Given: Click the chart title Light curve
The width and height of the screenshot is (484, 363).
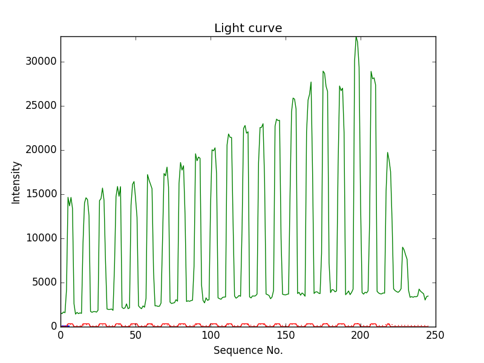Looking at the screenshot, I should tap(248, 28).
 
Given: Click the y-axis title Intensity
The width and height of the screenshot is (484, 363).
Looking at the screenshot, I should tap(16, 182).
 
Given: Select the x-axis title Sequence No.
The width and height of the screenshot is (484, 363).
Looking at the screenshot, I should tap(248, 350).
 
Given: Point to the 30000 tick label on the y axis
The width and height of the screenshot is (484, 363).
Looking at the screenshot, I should tap(40, 62).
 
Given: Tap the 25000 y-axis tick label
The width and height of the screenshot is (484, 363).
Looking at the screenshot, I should tap(40, 106).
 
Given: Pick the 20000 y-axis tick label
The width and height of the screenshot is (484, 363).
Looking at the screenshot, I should tap(40, 150).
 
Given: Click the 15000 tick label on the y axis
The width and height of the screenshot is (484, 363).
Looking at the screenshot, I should tap(40, 194).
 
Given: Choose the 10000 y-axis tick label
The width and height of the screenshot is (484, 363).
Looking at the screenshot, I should tap(40, 238).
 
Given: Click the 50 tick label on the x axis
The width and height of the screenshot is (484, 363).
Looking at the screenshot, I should tap(136, 335).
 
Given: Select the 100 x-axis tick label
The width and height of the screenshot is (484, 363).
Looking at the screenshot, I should tap(211, 335).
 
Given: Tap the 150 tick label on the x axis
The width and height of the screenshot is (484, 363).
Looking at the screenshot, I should tap(286, 335).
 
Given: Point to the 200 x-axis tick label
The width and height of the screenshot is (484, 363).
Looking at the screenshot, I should tap(361, 335).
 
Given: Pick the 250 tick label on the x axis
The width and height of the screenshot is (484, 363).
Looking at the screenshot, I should tap(436, 335).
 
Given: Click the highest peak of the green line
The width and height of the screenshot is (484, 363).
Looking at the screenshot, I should tap(356, 38).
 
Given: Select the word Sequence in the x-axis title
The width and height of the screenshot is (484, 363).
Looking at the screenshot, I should tap(237, 350).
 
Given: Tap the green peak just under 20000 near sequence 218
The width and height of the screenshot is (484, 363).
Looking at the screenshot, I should tap(388, 152).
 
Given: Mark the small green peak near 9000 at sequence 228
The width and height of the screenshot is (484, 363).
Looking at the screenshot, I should tap(402, 247).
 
